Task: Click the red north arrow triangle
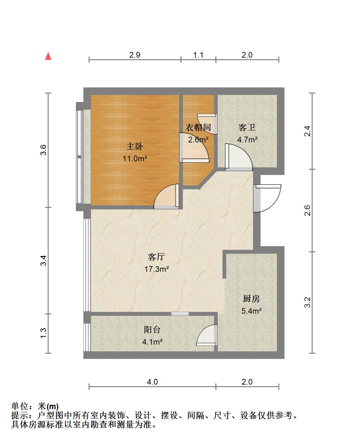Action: (x=48, y=56)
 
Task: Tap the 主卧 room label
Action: (x=134, y=146)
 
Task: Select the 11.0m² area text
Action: (x=135, y=158)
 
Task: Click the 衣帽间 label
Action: (x=198, y=128)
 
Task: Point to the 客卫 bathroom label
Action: (x=247, y=127)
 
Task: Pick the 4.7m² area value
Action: (x=247, y=140)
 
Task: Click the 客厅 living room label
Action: (x=156, y=257)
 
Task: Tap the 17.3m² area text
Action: (x=156, y=269)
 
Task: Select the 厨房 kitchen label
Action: (x=251, y=299)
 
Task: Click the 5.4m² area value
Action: (x=251, y=311)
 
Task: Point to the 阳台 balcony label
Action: (x=152, y=330)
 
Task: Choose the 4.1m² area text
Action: (x=152, y=342)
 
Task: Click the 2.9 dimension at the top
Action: (x=134, y=55)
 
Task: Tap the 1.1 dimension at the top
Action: (x=198, y=55)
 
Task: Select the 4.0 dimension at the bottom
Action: (x=152, y=382)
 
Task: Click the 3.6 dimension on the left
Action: (x=43, y=150)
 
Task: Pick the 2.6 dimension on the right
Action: (x=307, y=210)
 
